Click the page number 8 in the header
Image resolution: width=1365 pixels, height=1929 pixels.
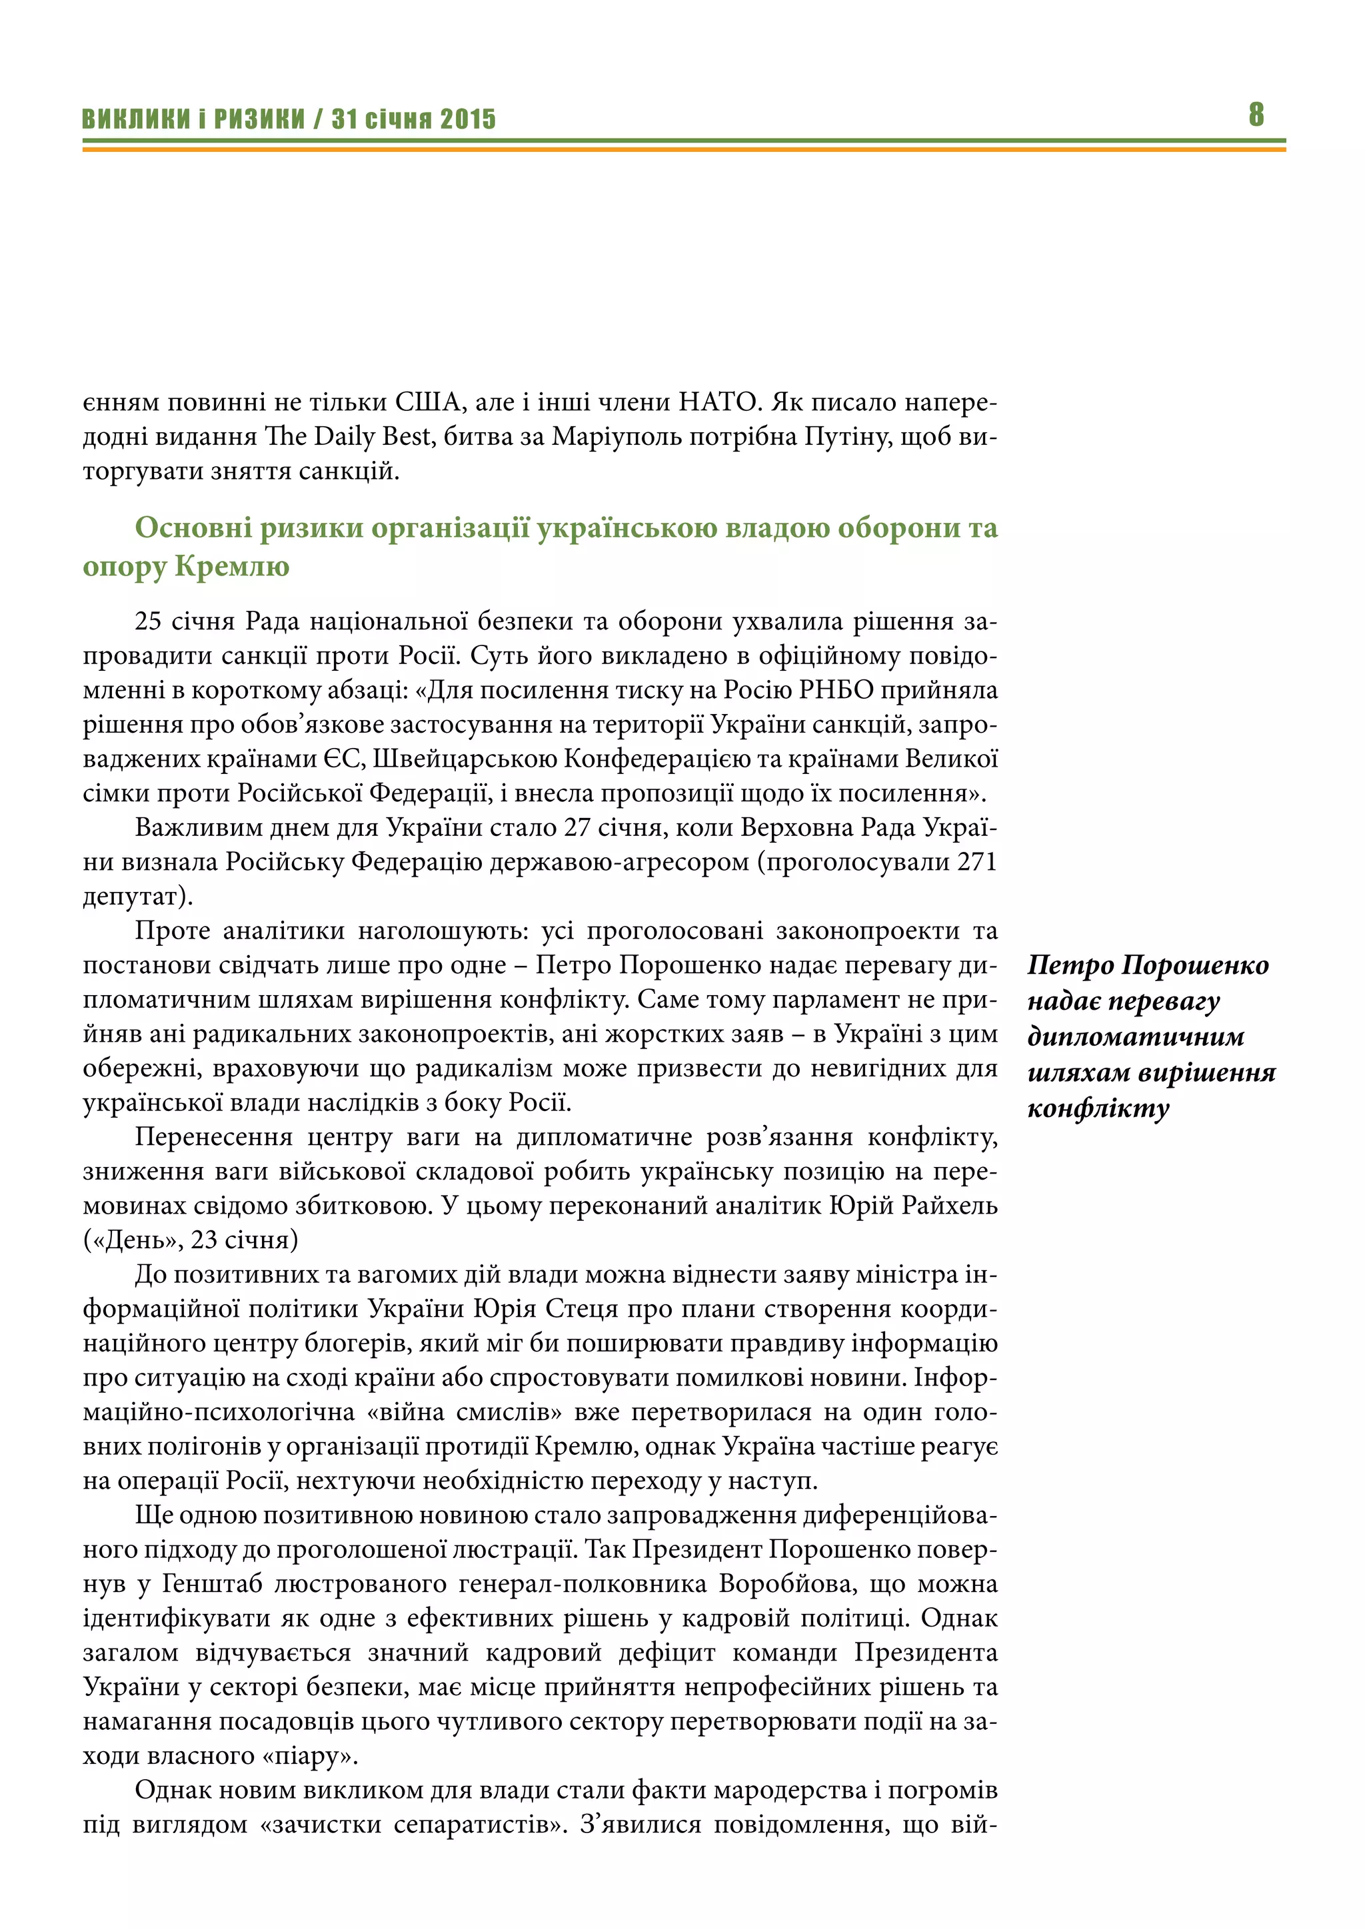[1256, 115]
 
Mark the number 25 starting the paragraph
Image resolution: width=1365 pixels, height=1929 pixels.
[148, 621]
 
